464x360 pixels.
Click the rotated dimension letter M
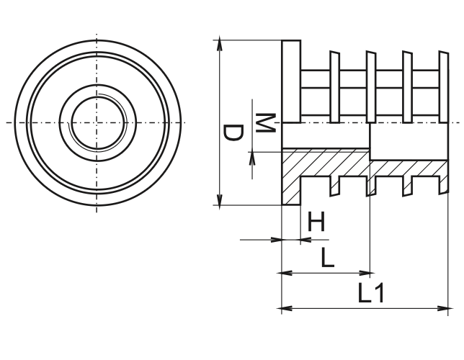coord(264,122)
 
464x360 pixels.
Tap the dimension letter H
coord(316,222)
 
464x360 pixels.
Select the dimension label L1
coord(372,293)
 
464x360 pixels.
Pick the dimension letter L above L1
coord(327,257)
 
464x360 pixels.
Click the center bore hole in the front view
coord(96,122)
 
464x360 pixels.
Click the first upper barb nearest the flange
coord(334,86)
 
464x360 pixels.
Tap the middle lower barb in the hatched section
coord(371,185)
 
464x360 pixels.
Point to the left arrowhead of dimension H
coord(275,239)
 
